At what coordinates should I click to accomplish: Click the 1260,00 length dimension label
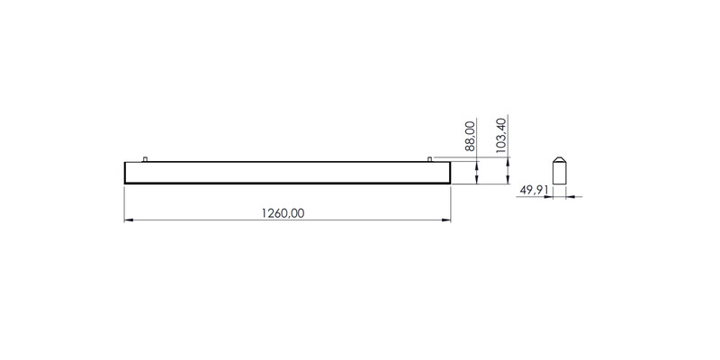(283, 213)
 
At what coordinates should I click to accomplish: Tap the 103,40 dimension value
(501, 135)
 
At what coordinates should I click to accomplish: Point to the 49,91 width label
(534, 190)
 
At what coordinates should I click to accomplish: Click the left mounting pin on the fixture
(145, 159)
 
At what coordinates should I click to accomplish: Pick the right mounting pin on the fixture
(430, 159)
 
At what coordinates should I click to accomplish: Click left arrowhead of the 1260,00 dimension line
(129, 220)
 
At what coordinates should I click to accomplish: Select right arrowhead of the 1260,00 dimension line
(446, 220)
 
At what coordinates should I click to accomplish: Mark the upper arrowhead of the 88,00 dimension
(476, 166)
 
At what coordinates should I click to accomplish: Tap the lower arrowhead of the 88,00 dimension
(476, 179)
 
